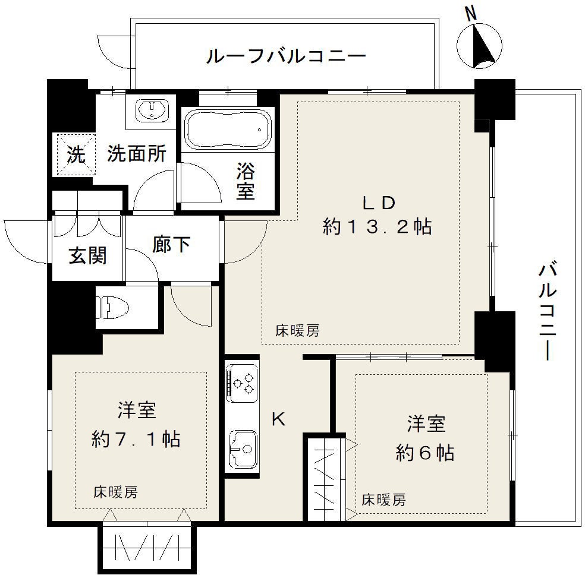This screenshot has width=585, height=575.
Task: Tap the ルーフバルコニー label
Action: point(285,57)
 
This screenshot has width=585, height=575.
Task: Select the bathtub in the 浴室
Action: point(227,128)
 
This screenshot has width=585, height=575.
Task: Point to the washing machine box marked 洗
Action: point(76,155)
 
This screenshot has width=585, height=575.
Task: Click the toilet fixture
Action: point(113,307)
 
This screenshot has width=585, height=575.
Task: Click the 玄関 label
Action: point(87,256)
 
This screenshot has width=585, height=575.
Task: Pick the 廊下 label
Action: point(171,244)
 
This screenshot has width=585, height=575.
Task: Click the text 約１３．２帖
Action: point(378,227)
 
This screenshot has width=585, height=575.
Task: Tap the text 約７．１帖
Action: point(136,439)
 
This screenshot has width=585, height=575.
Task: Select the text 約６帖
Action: point(425,453)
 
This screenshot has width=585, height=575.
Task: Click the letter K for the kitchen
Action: point(278,419)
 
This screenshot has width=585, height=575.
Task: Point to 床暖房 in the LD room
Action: point(297,331)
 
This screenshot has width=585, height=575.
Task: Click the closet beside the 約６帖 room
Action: point(325,478)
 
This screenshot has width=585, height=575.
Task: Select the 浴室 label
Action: point(245,182)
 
